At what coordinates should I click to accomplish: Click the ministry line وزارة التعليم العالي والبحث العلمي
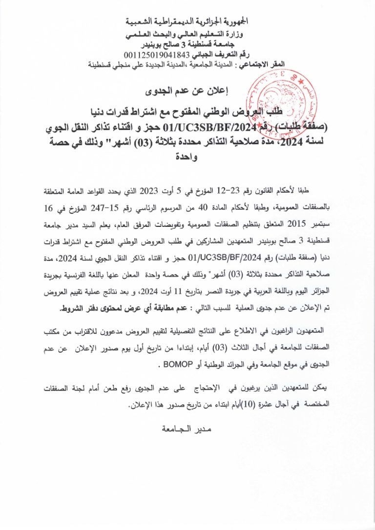[187, 36]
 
